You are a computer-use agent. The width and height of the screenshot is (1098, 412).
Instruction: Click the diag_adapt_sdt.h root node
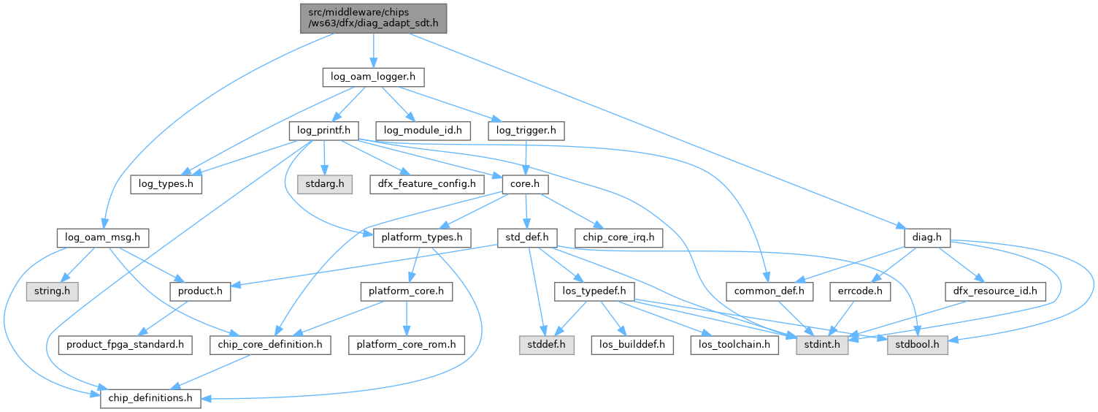click(x=373, y=18)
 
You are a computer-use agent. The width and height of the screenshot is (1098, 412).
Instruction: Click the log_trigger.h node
click(x=526, y=131)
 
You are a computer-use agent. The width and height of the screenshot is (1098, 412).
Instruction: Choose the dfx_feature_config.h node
click(x=427, y=184)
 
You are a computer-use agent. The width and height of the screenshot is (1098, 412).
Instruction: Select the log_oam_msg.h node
click(x=103, y=237)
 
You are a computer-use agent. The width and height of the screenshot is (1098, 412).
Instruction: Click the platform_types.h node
click(x=423, y=237)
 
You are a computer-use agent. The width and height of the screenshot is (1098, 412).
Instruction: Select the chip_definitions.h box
click(x=150, y=398)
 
